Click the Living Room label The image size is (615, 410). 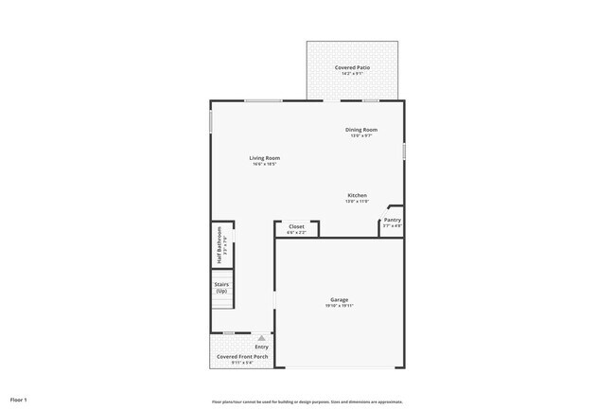point(264,157)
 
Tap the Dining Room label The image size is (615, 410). point(361,129)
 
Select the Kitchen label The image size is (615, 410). point(357,195)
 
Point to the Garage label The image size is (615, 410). point(340,299)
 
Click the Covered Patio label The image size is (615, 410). point(352,67)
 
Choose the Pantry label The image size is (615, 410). point(392,220)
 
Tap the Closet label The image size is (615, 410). point(296,226)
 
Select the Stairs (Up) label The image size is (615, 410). point(221,287)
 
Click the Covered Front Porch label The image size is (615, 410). point(236,357)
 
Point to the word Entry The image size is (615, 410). point(261,347)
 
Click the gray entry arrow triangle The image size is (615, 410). point(262,336)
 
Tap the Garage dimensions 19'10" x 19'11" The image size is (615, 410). point(340,306)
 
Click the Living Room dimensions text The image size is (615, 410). point(264,164)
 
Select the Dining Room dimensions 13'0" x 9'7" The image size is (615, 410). point(361,135)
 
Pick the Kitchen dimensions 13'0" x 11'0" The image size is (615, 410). point(357,202)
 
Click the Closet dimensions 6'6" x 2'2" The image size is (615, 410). point(296,232)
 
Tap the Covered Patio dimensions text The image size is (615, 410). point(352,74)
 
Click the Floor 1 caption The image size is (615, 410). point(19,400)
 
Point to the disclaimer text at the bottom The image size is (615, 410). point(308,401)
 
